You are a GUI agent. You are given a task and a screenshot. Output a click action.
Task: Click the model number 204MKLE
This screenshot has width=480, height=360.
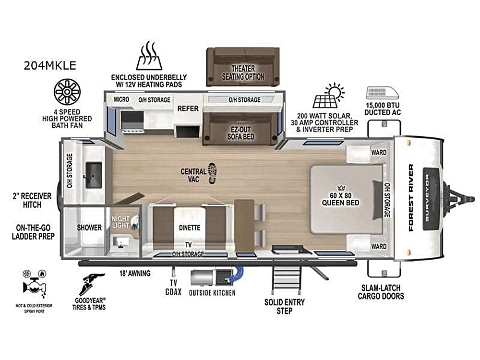50,65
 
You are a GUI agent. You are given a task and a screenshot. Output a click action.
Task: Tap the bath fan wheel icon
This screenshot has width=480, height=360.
67,92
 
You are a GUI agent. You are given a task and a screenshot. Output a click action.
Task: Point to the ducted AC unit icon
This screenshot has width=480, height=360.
383,93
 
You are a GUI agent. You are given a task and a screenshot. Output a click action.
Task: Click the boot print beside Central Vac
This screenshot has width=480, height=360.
213,173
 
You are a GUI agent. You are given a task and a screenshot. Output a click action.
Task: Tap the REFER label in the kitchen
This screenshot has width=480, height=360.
188,108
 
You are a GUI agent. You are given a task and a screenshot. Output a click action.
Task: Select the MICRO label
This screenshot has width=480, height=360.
121,99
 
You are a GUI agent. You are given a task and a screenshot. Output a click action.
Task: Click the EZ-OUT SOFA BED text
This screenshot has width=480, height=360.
241,133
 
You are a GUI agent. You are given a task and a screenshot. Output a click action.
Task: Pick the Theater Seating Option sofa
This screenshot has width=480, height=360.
243,67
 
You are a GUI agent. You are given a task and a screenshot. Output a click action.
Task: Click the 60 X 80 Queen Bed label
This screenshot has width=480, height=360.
340,199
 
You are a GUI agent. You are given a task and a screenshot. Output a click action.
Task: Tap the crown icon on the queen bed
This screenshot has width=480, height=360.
341,188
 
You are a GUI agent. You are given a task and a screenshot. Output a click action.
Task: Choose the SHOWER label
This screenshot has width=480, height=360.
89,228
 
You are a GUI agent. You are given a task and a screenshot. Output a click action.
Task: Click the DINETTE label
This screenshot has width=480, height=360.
190,228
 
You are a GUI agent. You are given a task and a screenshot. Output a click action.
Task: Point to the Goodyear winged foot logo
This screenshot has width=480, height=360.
91,284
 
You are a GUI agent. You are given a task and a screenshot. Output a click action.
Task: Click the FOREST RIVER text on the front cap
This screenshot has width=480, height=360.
411,198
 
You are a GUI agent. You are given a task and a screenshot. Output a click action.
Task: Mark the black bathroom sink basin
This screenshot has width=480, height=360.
94,175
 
